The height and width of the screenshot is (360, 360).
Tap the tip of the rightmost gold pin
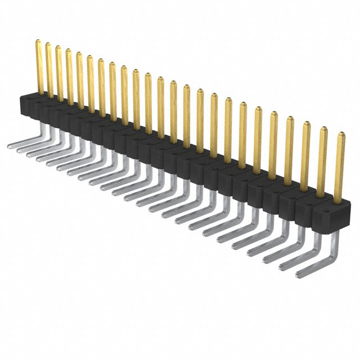pyautogui.click(x=341, y=134)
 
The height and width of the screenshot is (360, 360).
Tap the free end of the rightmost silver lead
pyautogui.click(x=299, y=276)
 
